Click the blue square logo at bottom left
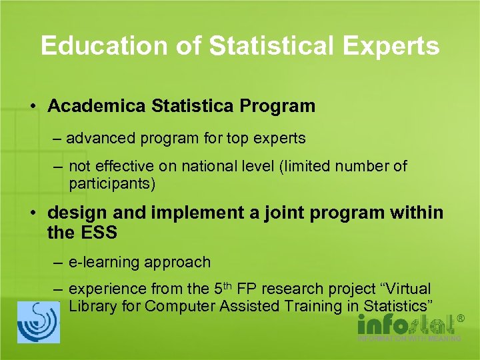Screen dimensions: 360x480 point(38,322)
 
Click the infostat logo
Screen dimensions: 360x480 point(404,325)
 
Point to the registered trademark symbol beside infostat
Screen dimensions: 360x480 point(459,319)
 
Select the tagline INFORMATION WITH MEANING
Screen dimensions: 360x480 point(409,339)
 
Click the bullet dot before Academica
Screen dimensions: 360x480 point(32,107)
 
